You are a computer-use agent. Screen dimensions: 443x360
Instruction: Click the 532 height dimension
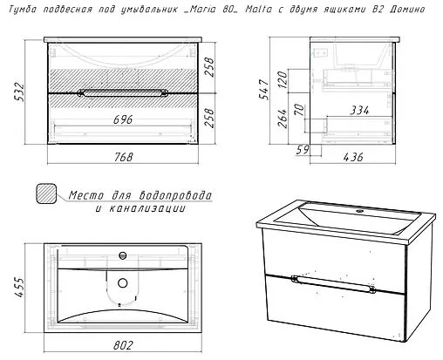pyautogui.click(x=19, y=92)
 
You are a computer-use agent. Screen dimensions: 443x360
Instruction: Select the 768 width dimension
pyautogui.click(x=123, y=157)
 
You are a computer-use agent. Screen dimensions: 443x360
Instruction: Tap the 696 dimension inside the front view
pyautogui.click(x=123, y=119)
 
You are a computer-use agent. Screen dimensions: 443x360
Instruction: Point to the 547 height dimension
pyautogui.click(x=265, y=90)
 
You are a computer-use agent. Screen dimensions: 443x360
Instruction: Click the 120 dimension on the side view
pyautogui.click(x=283, y=80)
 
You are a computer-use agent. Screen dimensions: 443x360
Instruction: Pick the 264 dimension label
pyautogui.click(x=283, y=119)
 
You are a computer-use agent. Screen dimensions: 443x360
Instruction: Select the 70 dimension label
pyautogui.click(x=299, y=110)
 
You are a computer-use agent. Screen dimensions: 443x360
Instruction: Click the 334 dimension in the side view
pyautogui.click(x=359, y=111)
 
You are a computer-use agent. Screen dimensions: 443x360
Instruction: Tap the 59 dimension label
pyautogui.click(x=303, y=150)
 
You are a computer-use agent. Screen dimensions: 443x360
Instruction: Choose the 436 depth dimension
pyautogui.click(x=353, y=157)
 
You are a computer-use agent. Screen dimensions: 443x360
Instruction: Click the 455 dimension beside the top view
pyautogui.click(x=20, y=287)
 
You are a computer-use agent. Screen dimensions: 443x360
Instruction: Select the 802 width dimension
pyautogui.click(x=123, y=345)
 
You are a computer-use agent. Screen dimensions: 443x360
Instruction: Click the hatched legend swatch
pyautogui.click(x=46, y=194)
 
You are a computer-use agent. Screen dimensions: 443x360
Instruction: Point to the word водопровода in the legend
pyautogui.click(x=175, y=195)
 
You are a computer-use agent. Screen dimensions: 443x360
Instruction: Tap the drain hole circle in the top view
pyautogui.click(x=123, y=282)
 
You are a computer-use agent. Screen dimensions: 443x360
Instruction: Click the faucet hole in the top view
pyautogui.click(x=123, y=255)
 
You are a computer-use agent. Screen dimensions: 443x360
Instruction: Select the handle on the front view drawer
pyautogui.click(x=123, y=93)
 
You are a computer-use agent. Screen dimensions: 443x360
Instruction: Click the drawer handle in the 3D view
pyautogui.click(x=333, y=284)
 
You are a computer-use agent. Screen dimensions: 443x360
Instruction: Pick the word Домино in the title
pyautogui.click(x=407, y=10)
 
